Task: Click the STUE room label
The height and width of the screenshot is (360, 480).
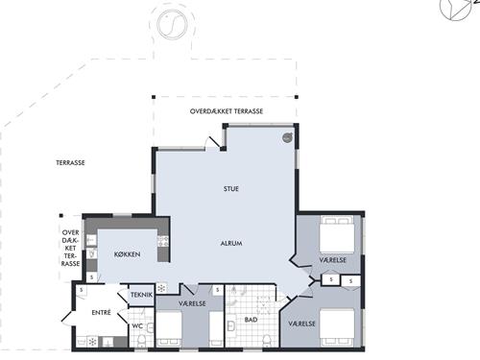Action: pos(231,189)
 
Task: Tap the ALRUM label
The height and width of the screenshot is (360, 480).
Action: pos(231,244)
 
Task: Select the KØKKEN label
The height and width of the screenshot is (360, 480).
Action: pos(127,254)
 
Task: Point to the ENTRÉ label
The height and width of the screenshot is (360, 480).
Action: pos(101,313)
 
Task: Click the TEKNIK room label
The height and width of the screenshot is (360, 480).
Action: pos(141,295)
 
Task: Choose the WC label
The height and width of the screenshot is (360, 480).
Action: pos(137,326)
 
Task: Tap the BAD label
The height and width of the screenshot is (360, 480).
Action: pos(251,320)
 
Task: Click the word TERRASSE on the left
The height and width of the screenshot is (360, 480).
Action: pos(70,163)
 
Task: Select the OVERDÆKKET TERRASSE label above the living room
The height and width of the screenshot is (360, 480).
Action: pos(227,111)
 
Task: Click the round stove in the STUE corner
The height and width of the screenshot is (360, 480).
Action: pos(288,137)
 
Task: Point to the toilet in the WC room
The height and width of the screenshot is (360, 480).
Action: pos(141,341)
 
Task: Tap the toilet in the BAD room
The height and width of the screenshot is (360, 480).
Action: pos(266,341)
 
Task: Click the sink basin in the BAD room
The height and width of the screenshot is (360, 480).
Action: pos(230,326)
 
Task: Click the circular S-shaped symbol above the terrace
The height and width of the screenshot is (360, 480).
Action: pos(172,24)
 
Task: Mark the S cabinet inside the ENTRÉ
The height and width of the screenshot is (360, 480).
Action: pos(82,290)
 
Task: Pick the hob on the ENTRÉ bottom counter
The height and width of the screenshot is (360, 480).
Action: pos(92,342)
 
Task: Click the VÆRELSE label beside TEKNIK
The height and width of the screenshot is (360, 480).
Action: pos(192,303)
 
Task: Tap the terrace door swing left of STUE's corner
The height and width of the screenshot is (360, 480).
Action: pos(213,142)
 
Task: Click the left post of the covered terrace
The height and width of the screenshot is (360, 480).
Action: pos(154,97)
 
